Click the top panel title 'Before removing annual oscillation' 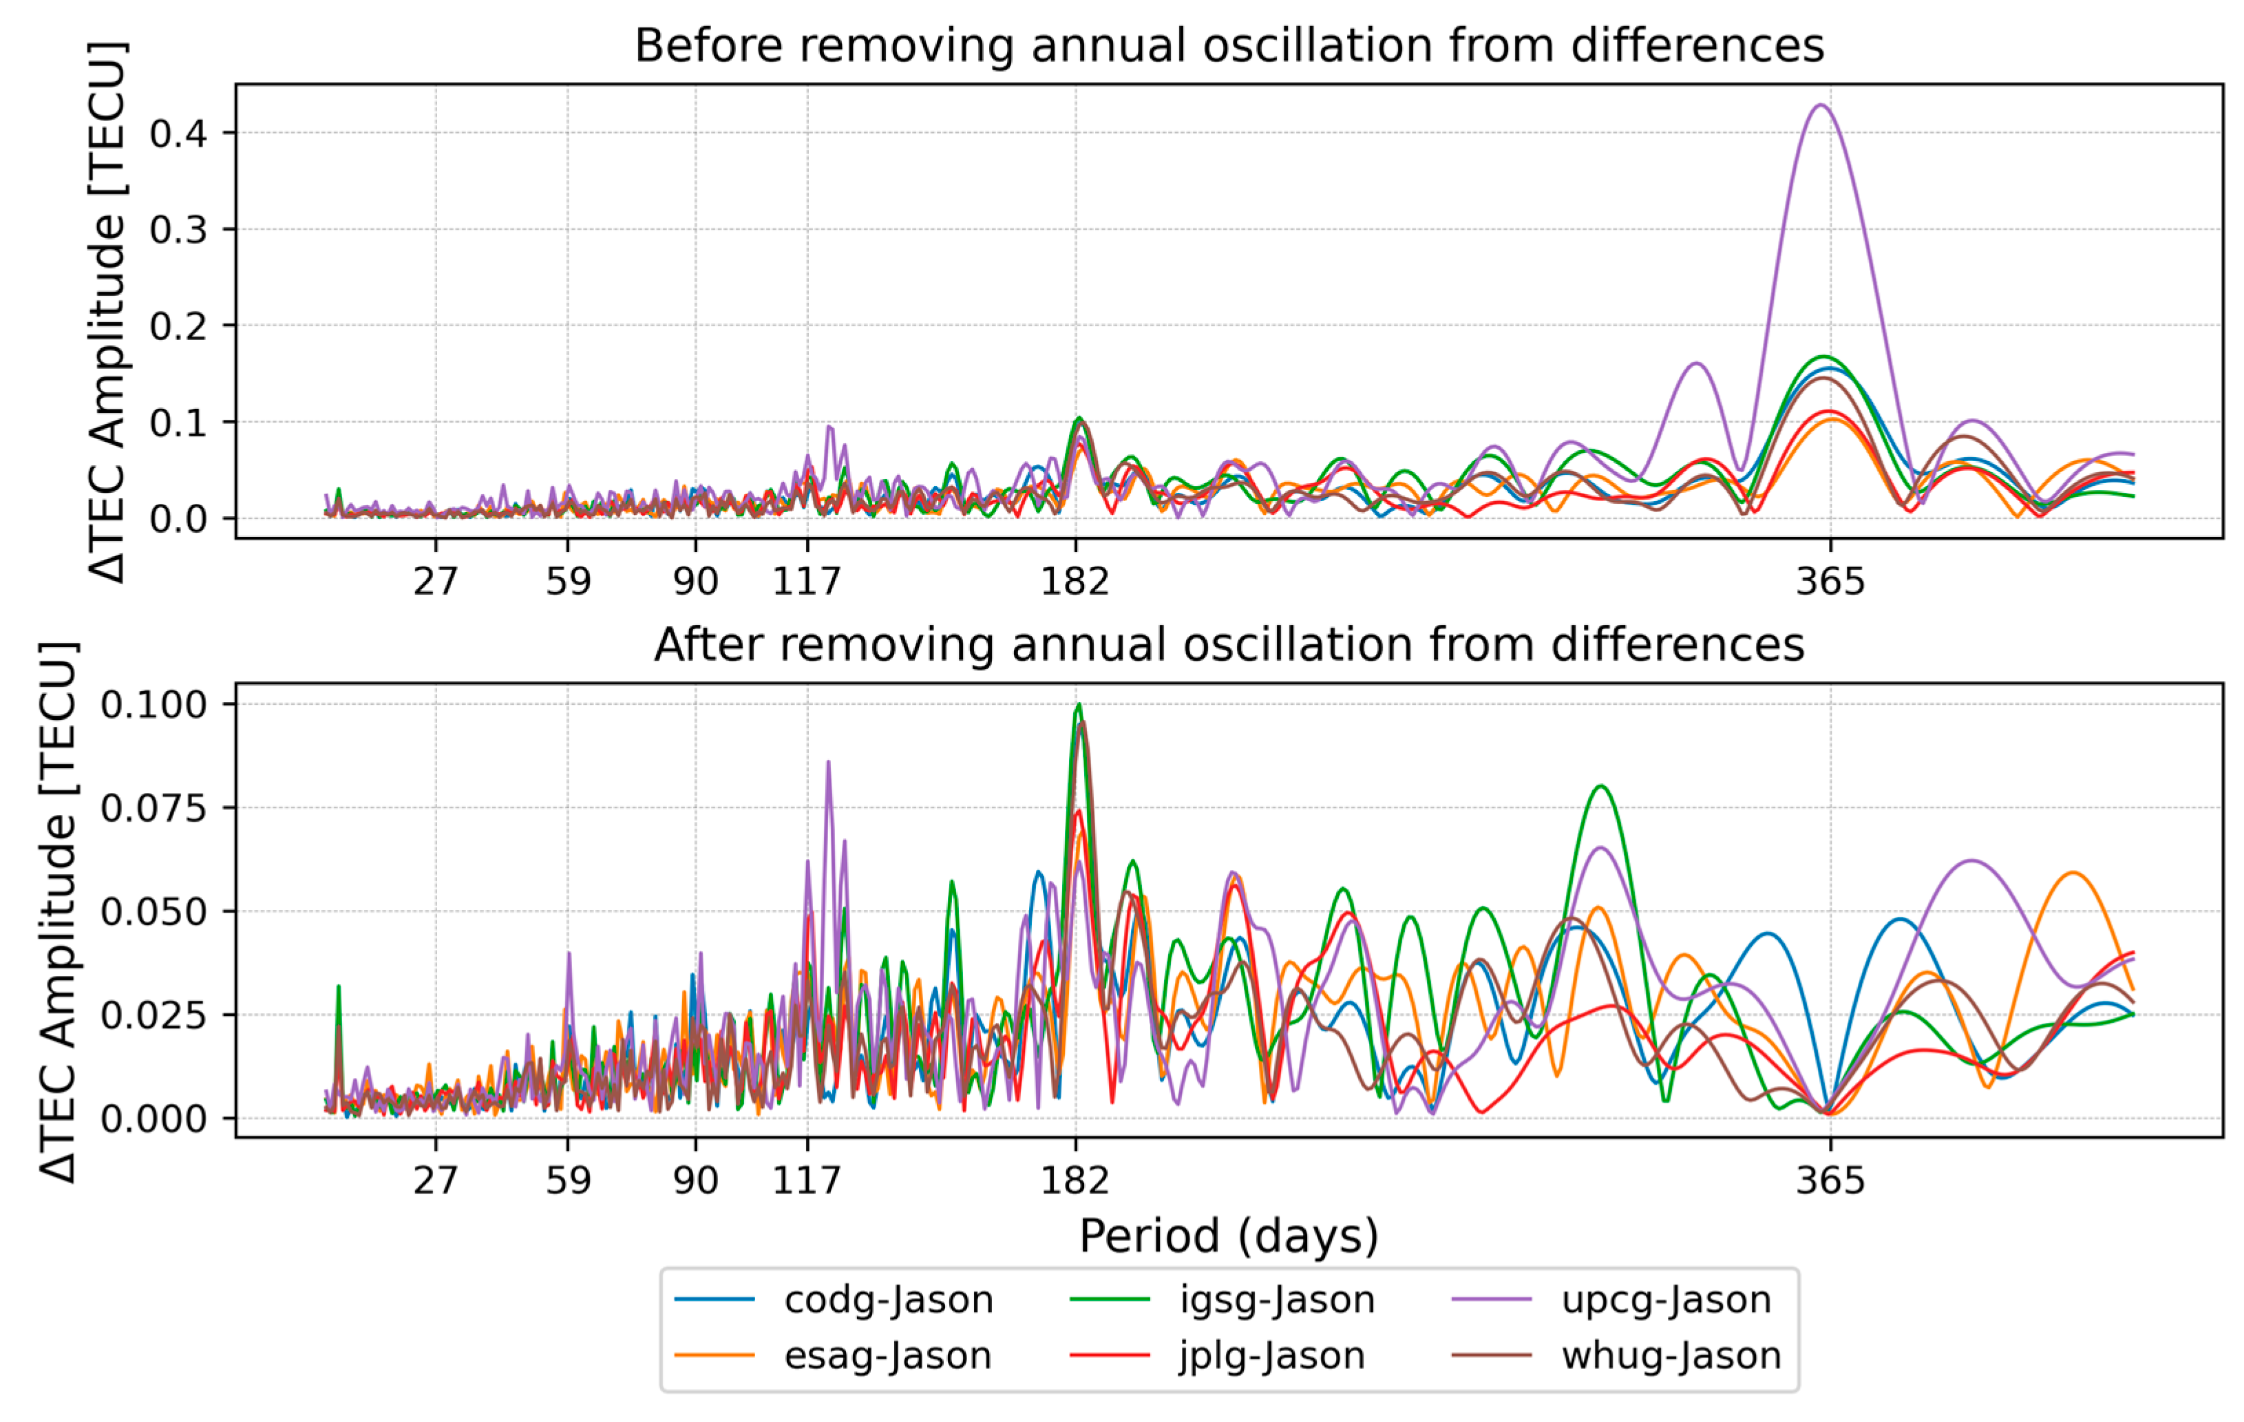point(1228,45)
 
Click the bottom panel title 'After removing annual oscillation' point(1228,645)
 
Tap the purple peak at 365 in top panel point(1820,106)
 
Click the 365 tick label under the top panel point(1830,582)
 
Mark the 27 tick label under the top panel point(436,582)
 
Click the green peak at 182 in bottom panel point(1079,705)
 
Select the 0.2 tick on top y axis point(178,326)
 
